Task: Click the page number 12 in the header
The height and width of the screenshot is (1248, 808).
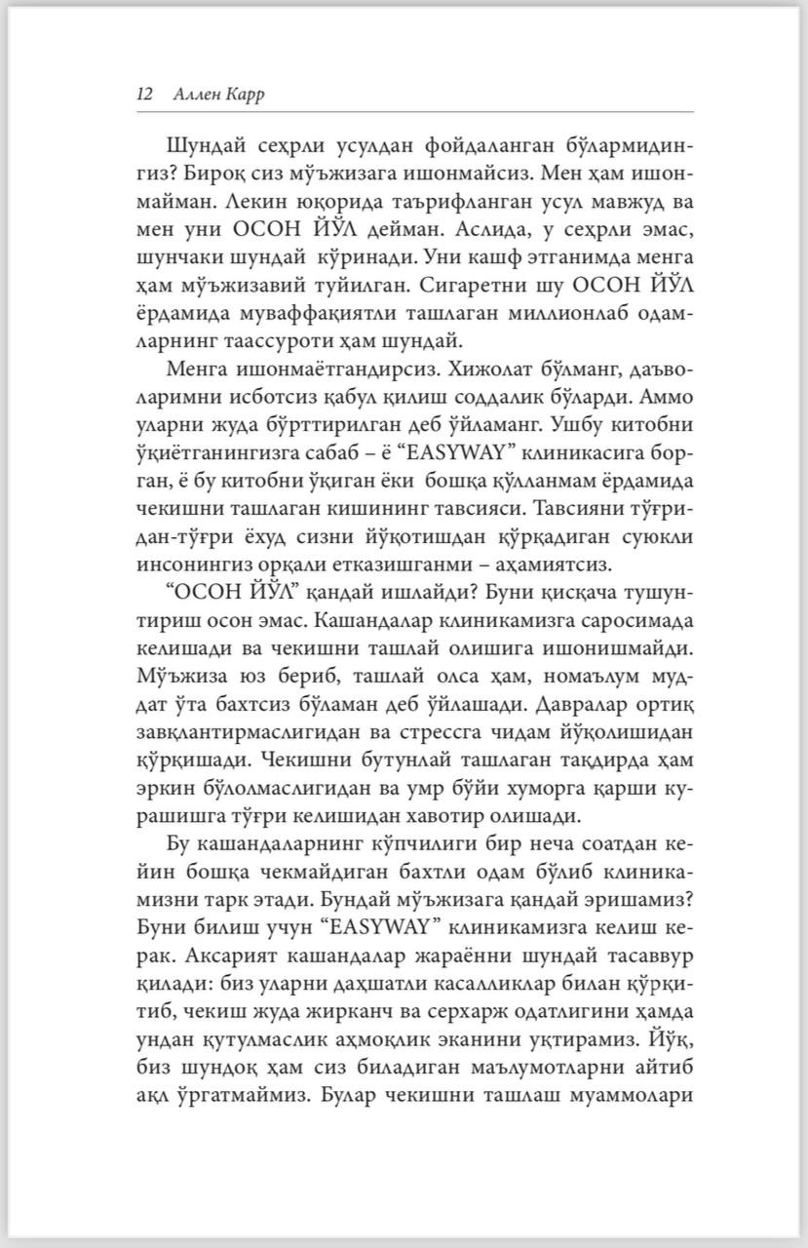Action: click(x=144, y=94)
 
